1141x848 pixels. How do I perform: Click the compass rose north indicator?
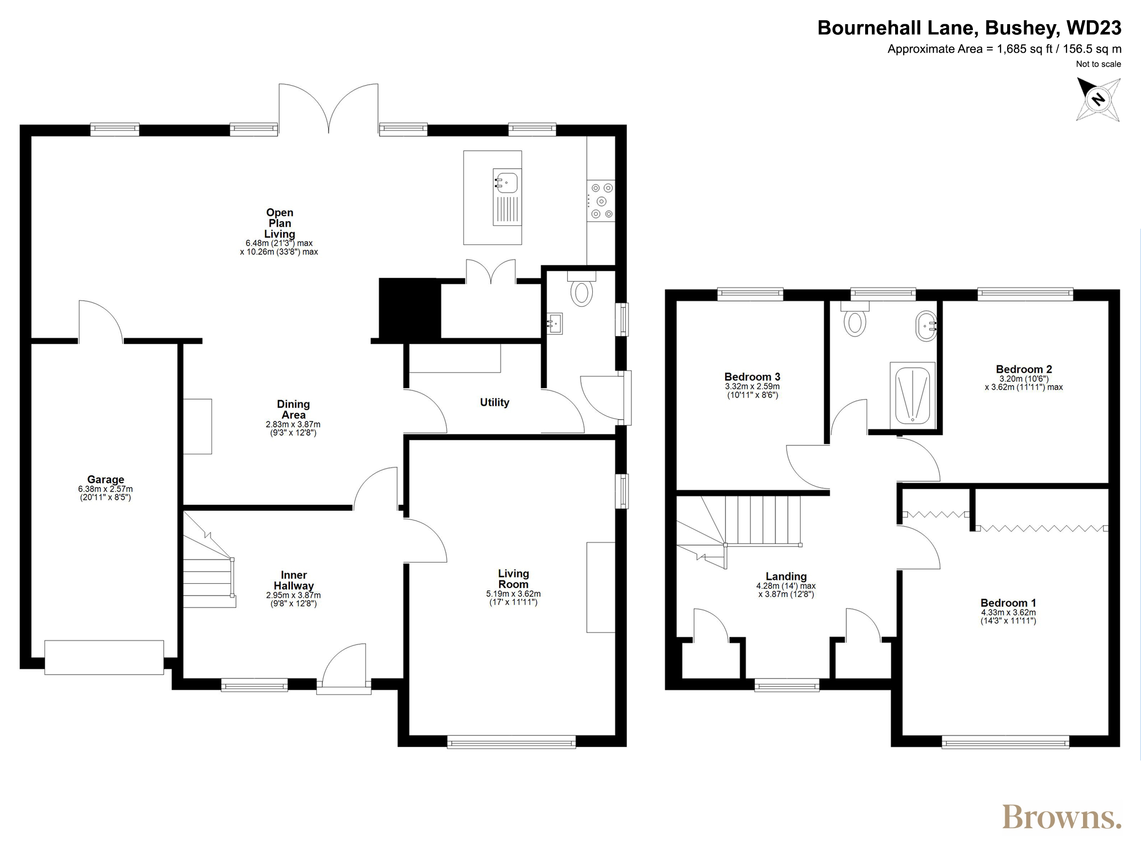coord(1098,100)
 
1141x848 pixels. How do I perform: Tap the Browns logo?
coord(1061,817)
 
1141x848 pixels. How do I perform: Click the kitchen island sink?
coord(507,197)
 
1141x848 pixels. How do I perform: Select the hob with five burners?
coord(601,201)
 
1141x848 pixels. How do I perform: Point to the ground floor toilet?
coord(581,289)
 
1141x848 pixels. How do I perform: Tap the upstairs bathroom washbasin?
coord(927,326)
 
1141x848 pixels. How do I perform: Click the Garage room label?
coord(106,479)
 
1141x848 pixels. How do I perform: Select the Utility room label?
coord(495,402)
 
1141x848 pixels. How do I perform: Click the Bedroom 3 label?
coord(752,377)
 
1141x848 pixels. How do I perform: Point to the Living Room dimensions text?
coord(513,598)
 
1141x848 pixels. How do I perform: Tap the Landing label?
coord(786,576)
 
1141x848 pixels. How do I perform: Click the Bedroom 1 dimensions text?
coord(1009,617)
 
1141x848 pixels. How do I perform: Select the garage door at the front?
coord(104,657)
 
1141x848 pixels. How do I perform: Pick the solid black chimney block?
coord(410,308)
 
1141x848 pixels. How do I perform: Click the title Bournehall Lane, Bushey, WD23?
coord(969,28)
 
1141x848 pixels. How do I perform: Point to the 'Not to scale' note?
coord(1098,64)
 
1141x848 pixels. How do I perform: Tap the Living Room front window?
coord(512,742)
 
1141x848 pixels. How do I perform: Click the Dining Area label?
coord(293,409)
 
